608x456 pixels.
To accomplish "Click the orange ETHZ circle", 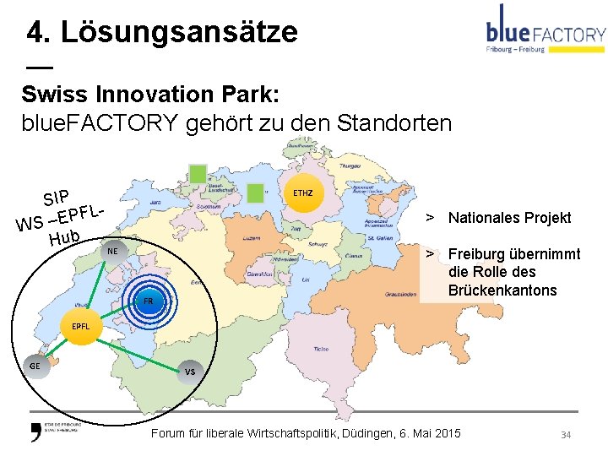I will click(x=302, y=193).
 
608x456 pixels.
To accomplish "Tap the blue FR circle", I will click(x=148, y=301).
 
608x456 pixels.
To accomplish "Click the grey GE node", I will click(x=35, y=366).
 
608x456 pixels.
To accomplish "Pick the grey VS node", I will click(x=190, y=372).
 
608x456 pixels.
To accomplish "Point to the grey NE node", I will click(x=111, y=252).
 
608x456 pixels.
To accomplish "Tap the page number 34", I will click(x=567, y=434).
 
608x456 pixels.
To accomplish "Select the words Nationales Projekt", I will click(x=509, y=218).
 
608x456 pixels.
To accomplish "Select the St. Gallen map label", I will click(x=377, y=240).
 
